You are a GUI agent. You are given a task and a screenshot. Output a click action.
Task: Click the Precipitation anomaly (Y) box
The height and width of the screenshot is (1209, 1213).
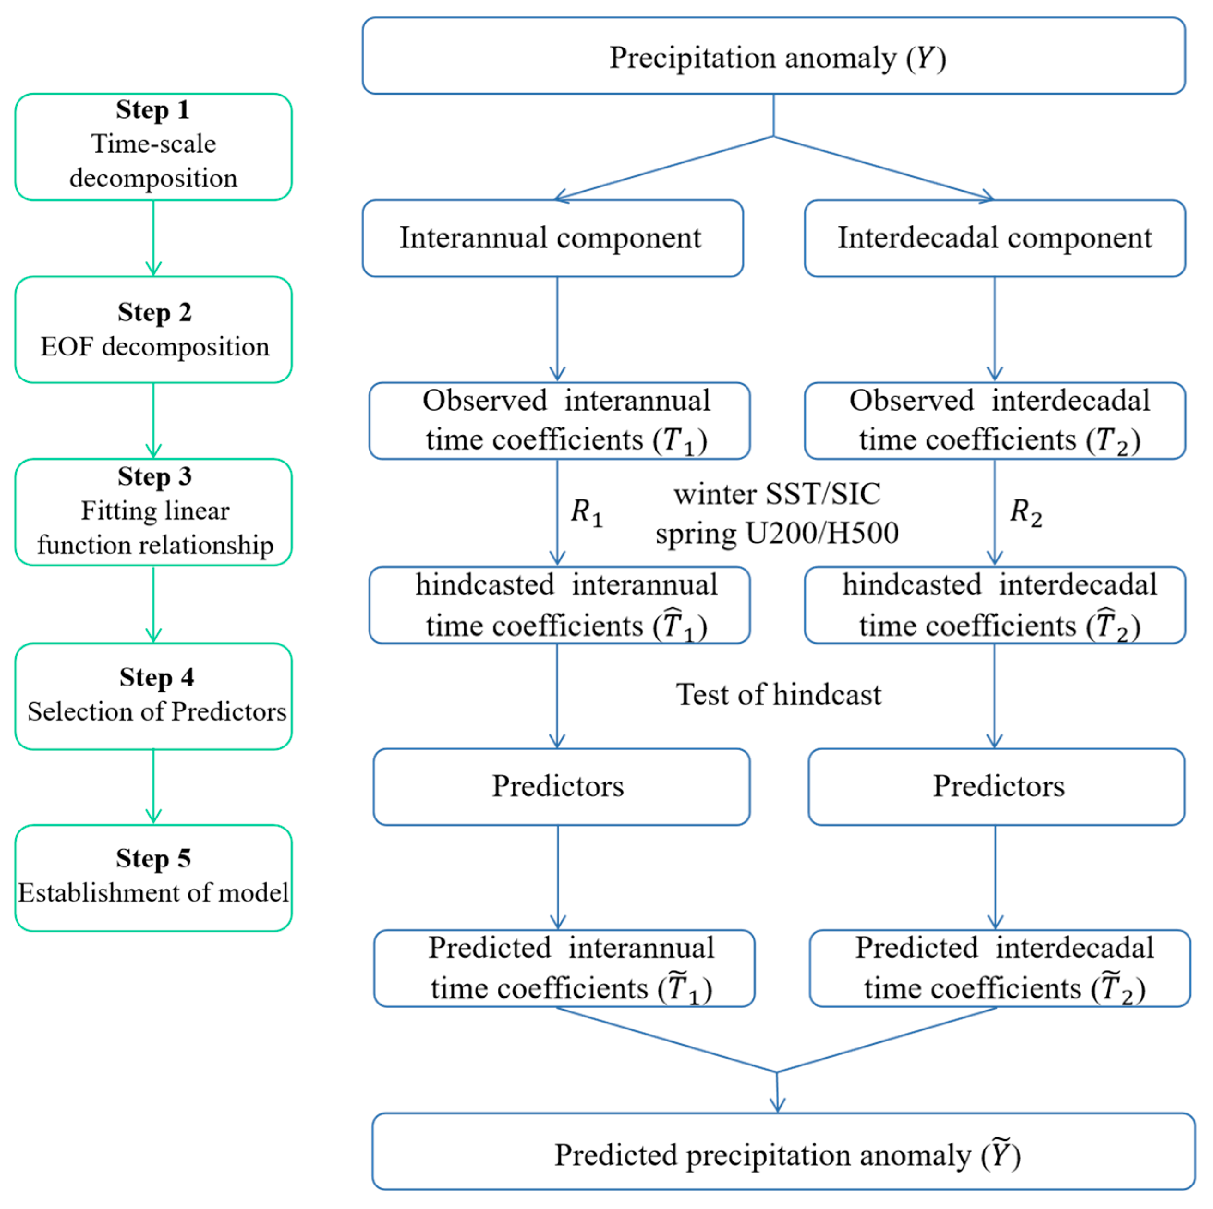pyautogui.click(x=774, y=56)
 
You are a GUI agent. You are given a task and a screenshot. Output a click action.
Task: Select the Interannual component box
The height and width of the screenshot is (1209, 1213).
pyautogui.click(x=552, y=238)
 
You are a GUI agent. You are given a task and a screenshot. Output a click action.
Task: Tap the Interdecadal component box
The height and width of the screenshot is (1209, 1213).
pyautogui.click(x=995, y=238)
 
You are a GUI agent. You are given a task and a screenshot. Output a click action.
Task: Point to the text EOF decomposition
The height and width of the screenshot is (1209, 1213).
pyautogui.click(x=154, y=346)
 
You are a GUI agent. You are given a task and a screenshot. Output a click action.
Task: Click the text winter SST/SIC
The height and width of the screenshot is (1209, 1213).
pyautogui.click(x=777, y=494)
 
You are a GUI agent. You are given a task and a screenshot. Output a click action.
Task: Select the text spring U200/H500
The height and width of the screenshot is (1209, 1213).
pyautogui.click(x=777, y=533)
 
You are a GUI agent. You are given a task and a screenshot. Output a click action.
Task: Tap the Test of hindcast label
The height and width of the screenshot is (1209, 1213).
pyautogui.click(x=778, y=695)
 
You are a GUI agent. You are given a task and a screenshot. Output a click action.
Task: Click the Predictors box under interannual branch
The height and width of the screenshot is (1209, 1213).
pyautogui.click(x=561, y=786)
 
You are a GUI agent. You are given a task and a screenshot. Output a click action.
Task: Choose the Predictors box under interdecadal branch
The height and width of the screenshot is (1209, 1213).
pyautogui.click(x=996, y=786)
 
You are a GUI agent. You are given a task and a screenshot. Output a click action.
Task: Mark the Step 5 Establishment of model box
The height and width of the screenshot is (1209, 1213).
pyautogui.click(x=153, y=878)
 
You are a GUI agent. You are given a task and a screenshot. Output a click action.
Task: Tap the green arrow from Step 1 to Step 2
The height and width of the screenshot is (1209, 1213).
pyautogui.click(x=153, y=238)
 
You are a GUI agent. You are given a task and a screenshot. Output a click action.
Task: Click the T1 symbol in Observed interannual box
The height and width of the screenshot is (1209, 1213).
pyautogui.click(x=679, y=440)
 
